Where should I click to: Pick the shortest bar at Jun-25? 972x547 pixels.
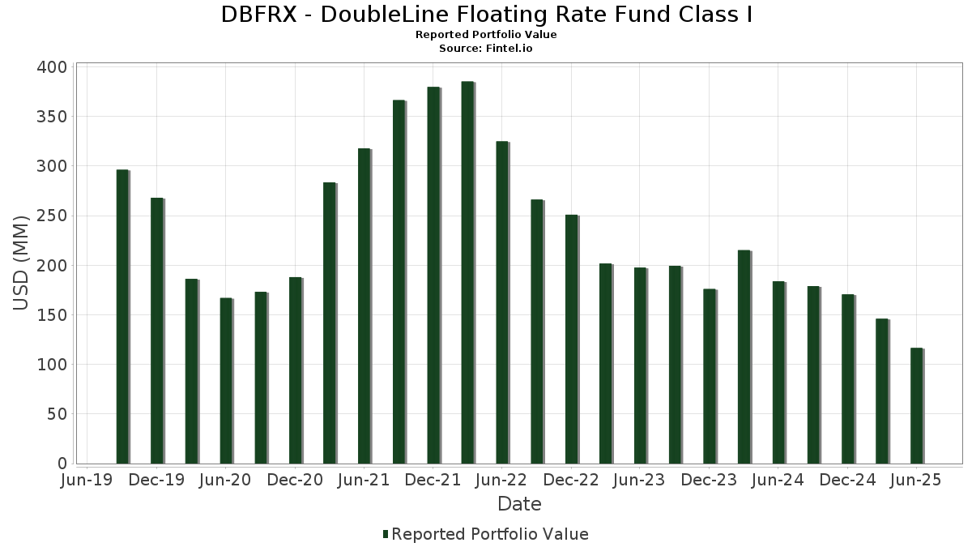pyautogui.click(x=916, y=406)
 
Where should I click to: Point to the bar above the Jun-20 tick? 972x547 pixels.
pyautogui.click(x=226, y=381)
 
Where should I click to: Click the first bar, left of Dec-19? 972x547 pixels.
pyautogui.click(x=122, y=317)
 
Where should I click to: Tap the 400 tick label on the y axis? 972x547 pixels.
pyautogui.click(x=51, y=67)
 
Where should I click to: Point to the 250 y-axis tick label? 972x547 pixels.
pyautogui.click(x=51, y=216)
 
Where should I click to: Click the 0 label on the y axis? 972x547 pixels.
pyautogui.click(x=62, y=464)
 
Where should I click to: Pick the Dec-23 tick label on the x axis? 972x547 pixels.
pyautogui.click(x=708, y=481)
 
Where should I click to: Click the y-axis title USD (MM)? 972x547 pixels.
pyautogui.click(x=22, y=264)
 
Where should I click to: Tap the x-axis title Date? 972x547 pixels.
pyautogui.click(x=519, y=504)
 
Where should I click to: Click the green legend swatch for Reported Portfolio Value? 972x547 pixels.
pyautogui.click(x=386, y=534)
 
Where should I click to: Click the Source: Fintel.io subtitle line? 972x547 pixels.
pyautogui.click(x=486, y=49)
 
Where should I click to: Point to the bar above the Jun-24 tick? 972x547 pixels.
pyautogui.click(x=778, y=373)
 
